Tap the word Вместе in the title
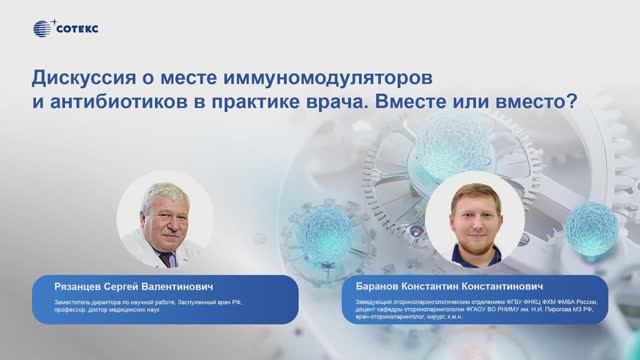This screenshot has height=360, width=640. (x=424, y=102)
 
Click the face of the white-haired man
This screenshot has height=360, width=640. (x=163, y=207)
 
